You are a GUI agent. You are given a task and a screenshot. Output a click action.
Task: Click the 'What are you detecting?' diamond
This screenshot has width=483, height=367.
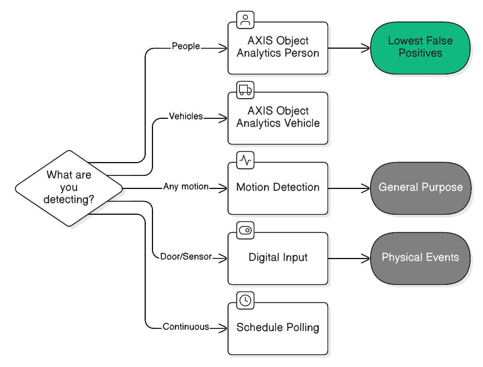(69, 188)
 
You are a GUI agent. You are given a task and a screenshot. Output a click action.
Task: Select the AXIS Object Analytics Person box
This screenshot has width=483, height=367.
(278, 48)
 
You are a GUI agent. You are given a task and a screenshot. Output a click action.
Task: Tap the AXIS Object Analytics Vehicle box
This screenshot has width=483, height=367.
(278, 118)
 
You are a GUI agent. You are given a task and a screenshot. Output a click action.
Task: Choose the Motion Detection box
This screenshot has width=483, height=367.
(278, 188)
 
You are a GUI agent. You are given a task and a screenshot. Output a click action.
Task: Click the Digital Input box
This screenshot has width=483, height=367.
(278, 258)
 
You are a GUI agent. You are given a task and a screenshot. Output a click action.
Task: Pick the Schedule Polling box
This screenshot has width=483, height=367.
(278, 328)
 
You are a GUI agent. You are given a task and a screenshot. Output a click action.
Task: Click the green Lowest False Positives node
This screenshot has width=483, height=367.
(420, 48)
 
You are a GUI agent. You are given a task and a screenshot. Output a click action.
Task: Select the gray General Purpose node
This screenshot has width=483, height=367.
(420, 188)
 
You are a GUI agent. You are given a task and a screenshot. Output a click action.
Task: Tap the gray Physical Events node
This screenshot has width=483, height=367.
(420, 258)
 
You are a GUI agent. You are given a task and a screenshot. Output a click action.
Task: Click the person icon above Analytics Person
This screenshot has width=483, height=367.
(245, 20)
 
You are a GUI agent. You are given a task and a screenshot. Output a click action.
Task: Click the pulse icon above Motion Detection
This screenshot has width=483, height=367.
(245, 160)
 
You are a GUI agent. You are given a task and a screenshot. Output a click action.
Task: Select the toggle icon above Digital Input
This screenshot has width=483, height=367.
(245, 230)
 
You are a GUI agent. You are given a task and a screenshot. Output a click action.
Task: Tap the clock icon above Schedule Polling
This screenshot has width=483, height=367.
(245, 301)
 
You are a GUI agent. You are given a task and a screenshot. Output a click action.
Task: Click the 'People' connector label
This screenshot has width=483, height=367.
(186, 47)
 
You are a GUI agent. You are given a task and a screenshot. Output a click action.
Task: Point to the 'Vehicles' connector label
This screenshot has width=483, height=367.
(186, 117)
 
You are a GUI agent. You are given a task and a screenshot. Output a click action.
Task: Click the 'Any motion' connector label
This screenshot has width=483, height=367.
(186, 187)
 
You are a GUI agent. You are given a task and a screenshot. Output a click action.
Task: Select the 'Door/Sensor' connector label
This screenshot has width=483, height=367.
(186, 257)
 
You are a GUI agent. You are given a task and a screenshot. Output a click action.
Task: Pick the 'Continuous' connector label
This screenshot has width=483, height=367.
(186, 327)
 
